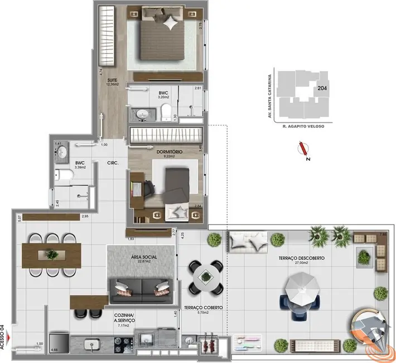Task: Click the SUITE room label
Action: pos(112,80)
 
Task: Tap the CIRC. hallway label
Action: pos(115,163)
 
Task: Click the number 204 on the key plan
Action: pos(322,88)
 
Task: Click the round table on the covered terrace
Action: pos(205,276)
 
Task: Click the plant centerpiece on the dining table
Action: pos(52,255)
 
